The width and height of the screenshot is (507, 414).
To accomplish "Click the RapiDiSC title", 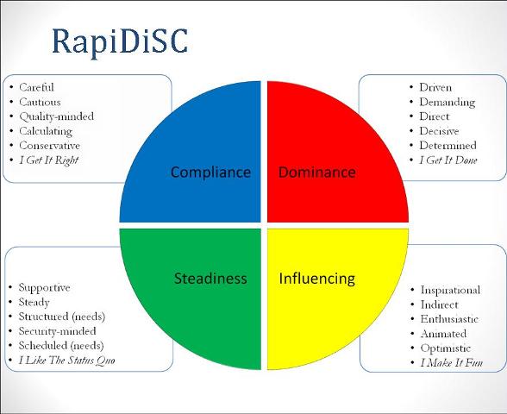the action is click(x=120, y=42).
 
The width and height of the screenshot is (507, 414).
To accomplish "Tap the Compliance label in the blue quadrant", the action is click(x=210, y=172).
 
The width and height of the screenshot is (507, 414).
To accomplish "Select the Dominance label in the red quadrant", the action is click(x=317, y=172).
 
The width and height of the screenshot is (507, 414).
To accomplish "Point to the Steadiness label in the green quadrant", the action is click(x=210, y=279).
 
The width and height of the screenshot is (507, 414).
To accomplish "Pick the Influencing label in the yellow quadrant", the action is click(x=317, y=279).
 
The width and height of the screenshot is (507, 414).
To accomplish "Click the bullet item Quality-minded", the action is click(x=57, y=116).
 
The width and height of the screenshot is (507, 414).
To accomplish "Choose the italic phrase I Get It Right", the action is click(x=49, y=160).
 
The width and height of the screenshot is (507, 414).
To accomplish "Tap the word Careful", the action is click(x=36, y=87).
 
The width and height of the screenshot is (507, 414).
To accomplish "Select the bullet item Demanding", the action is click(x=448, y=102).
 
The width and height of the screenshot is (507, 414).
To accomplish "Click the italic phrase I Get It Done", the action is click(x=448, y=160).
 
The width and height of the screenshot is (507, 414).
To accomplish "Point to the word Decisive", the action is click(x=439, y=131).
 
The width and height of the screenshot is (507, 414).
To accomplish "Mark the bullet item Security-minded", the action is click(x=57, y=331).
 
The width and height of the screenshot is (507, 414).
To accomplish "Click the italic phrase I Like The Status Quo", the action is click(x=66, y=361).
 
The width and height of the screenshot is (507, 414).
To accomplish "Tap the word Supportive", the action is click(x=44, y=287).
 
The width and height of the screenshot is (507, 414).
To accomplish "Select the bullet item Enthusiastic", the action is click(x=449, y=319).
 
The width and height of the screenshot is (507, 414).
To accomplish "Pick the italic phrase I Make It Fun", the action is click(x=452, y=362).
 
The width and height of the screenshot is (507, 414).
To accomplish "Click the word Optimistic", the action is click(x=445, y=348).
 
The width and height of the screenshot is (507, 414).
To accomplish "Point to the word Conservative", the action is click(x=49, y=146).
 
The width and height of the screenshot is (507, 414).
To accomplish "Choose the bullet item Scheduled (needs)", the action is click(x=61, y=346).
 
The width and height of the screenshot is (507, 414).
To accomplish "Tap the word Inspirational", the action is click(x=450, y=290).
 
